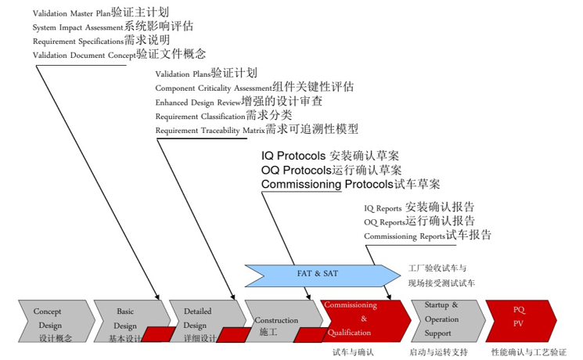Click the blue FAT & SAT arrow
coord(321,274)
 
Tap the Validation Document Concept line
coord(119,54)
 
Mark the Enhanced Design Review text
coord(239,102)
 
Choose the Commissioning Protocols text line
coord(351,185)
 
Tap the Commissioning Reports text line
coord(427,236)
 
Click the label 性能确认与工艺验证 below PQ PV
coord(529,352)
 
